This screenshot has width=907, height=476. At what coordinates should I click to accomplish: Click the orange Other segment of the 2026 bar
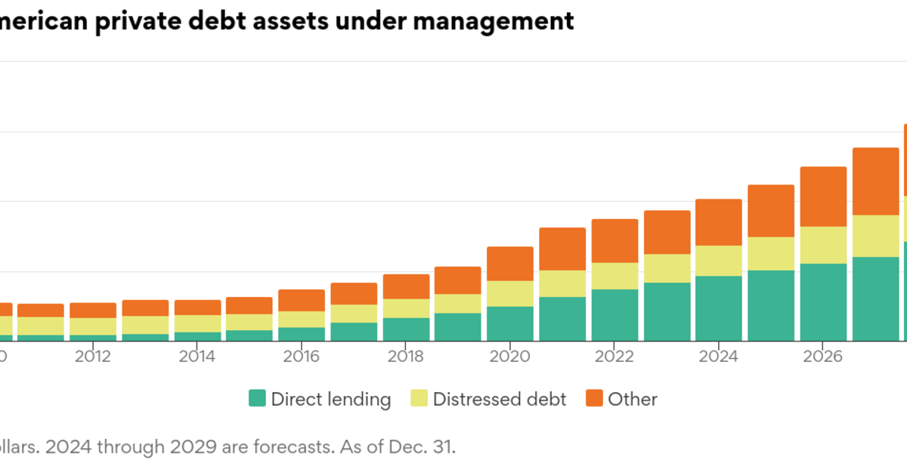point(823,196)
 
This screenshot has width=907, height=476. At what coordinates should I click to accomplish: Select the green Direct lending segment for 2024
point(719,308)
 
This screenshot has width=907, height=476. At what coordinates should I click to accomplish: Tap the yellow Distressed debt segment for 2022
point(614,276)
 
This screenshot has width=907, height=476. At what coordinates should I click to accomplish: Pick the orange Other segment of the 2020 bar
point(510,264)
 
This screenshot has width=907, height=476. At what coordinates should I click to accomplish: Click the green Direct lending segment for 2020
point(510,323)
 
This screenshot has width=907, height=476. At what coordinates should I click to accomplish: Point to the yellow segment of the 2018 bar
point(406,308)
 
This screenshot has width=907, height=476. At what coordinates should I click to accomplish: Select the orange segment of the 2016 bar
point(302,300)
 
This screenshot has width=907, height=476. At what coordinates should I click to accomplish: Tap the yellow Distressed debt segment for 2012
point(93,326)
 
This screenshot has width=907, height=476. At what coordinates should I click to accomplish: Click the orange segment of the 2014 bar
point(197,308)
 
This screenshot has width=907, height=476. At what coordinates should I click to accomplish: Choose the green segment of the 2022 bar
point(614,315)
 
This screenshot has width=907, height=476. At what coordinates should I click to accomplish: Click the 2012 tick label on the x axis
point(93,356)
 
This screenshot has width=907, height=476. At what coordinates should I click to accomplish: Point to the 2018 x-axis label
point(406,356)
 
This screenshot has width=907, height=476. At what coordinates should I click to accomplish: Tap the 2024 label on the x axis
point(719,356)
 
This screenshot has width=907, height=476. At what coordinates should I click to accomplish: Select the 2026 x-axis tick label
point(823,356)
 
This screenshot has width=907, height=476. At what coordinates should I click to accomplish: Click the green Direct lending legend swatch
point(258,399)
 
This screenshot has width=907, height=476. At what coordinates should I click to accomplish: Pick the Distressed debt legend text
point(499,400)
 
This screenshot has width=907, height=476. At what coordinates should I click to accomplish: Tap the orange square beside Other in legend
point(595,399)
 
